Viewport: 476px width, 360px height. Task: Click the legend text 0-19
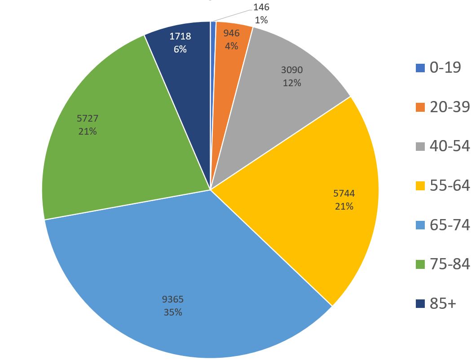445,68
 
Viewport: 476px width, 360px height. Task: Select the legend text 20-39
450,107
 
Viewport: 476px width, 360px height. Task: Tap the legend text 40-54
450,146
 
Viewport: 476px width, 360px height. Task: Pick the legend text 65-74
450,225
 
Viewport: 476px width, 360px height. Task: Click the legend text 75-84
450,264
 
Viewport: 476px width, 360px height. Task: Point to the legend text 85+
443,304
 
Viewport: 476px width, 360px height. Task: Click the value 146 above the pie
261,8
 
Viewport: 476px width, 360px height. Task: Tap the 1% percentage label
261,20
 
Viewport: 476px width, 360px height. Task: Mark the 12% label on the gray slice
292,83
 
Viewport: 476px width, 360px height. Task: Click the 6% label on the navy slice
180,49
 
